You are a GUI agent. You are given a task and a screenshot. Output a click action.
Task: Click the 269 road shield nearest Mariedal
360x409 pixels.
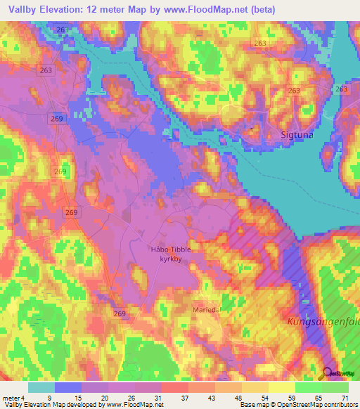pos(120,313)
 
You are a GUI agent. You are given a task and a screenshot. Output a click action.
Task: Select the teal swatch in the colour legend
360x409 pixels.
pos(41,387)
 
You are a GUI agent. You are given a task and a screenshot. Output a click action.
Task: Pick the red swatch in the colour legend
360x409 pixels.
pos(174,387)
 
